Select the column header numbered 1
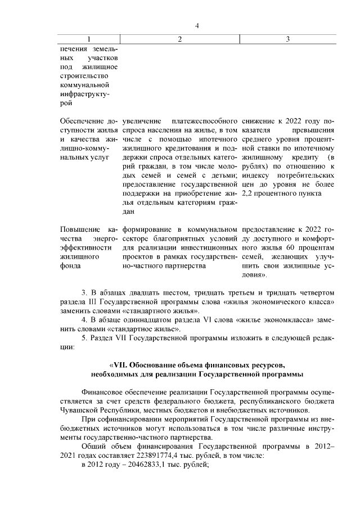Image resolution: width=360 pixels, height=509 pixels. [x=88, y=39]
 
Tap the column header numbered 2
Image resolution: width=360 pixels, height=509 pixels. [x=179, y=39]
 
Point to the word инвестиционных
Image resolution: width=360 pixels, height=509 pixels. [x=207, y=247]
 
